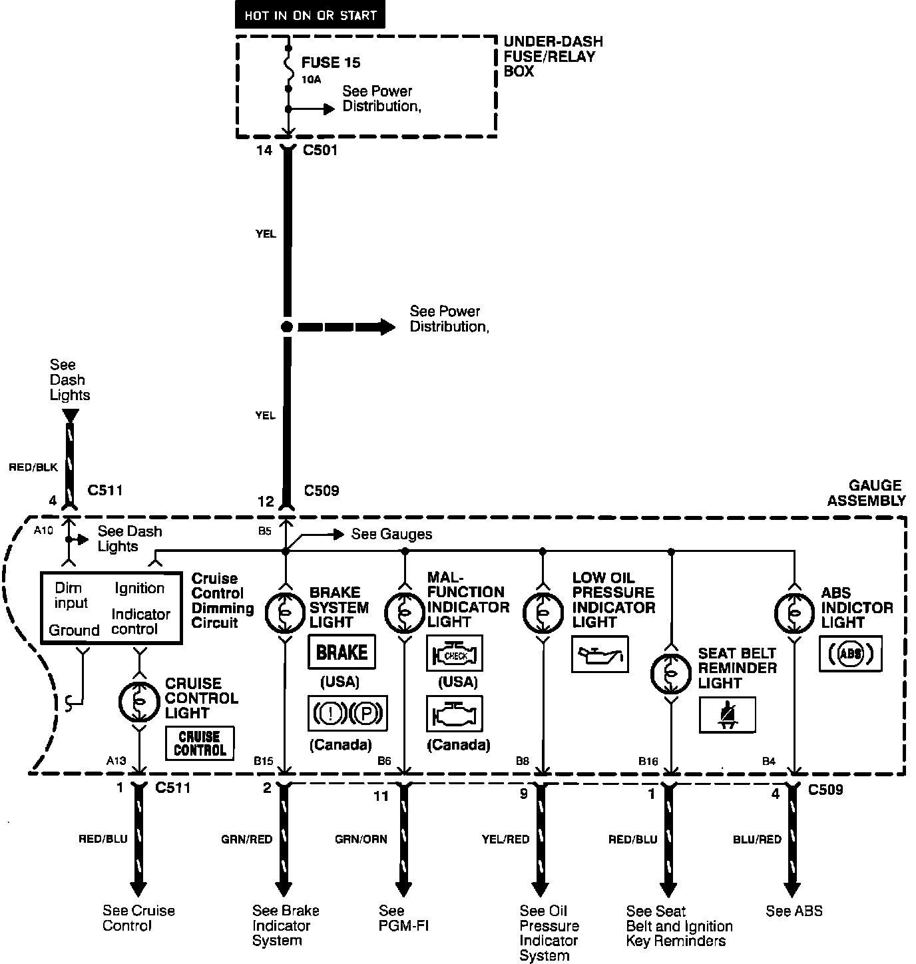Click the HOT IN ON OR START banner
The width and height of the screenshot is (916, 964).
[x=310, y=15]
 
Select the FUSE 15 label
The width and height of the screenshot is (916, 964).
[x=331, y=63]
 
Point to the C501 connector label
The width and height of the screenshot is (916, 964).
[x=320, y=150]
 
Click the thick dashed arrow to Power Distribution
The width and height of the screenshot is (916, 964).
[x=346, y=327]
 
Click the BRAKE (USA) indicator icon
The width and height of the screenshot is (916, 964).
[x=342, y=652]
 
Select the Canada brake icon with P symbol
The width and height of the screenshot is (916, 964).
[x=347, y=714]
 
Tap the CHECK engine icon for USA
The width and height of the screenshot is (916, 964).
[x=454, y=653]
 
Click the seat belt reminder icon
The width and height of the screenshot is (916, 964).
[x=728, y=715]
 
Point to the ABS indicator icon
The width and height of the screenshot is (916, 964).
[x=850, y=653]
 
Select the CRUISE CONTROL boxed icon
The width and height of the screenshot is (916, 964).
[x=200, y=743]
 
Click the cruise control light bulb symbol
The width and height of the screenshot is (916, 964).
[x=138, y=700]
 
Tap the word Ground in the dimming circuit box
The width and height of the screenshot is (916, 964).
[x=74, y=630]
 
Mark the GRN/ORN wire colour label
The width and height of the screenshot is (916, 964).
[x=361, y=840]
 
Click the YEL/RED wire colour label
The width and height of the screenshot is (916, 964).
[x=505, y=840]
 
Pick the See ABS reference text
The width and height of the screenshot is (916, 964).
[x=794, y=911]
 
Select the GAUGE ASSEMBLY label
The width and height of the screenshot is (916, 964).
[x=866, y=493]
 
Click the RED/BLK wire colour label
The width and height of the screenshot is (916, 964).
[x=33, y=467]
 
